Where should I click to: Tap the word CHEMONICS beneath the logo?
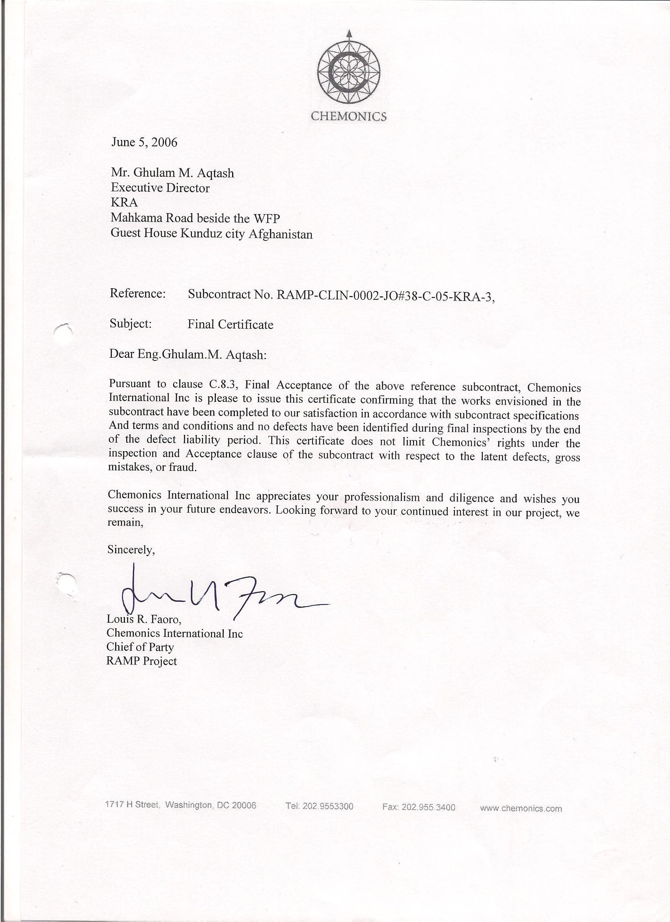349,117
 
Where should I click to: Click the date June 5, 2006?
144,142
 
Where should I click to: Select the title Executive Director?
160,188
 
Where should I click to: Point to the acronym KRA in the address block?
124,202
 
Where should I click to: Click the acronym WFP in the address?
267,219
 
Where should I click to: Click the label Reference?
137,293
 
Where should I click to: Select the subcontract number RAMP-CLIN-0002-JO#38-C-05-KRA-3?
385,295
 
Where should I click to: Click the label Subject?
130,324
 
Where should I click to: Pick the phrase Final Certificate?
230,325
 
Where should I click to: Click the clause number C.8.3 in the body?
223,384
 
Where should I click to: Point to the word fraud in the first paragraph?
182,467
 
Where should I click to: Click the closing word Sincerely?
131,550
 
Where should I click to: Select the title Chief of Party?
140,647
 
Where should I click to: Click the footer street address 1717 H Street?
132,804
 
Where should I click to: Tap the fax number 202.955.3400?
428,806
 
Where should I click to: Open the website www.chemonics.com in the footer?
521,808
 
